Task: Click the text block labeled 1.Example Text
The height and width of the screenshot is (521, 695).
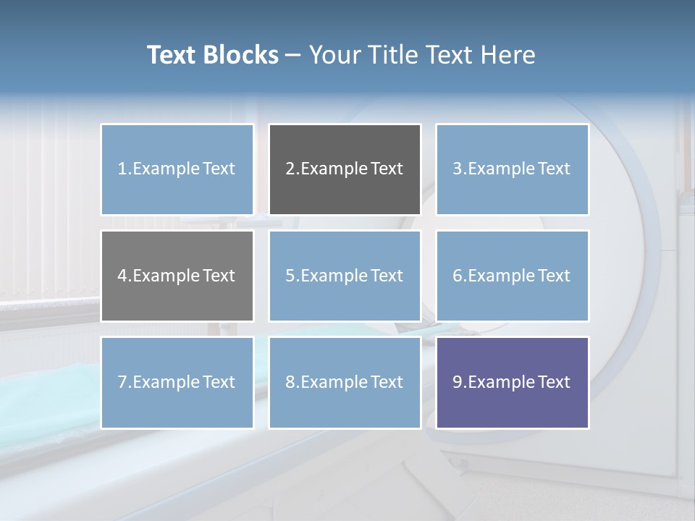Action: (177, 169)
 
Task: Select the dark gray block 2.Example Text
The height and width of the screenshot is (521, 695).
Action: (345, 169)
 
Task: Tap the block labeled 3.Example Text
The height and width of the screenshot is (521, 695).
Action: (512, 169)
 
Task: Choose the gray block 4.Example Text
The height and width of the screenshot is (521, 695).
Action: (177, 276)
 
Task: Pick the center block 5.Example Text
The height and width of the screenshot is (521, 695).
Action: (345, 276)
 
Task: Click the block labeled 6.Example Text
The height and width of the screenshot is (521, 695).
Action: (512, 276)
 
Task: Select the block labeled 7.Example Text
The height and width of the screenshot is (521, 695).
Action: (177, 382)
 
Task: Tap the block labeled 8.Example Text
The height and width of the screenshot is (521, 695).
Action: (345, 382)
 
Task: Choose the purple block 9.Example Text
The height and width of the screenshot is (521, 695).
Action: (512, 382)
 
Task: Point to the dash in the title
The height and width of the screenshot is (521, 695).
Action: (293, 55)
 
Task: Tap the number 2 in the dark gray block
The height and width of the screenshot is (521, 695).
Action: (290, 169)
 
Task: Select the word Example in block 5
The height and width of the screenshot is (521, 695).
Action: (333, 276)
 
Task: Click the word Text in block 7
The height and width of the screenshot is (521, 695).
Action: (219, 382)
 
